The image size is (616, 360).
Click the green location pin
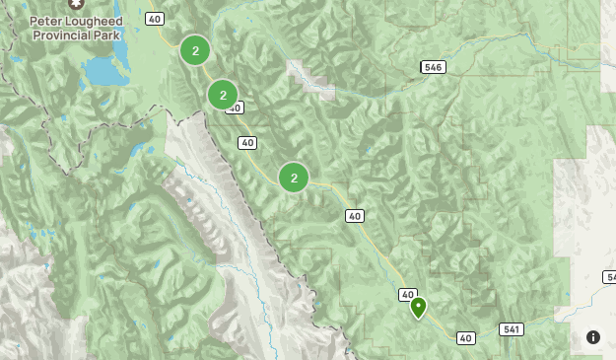click(419, 307)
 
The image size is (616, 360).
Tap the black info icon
click(592, 336)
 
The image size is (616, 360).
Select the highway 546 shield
click(433, 67)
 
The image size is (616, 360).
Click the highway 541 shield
click(511, 329)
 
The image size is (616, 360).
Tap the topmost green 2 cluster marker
click(195, 50)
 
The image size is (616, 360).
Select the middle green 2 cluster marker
click(224, 95)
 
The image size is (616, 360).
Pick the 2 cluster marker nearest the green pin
click(294, 178)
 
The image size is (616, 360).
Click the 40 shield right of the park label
click(155, 19)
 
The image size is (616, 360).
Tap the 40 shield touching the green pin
click(408, 294)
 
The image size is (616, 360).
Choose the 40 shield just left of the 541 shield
click(466, 338)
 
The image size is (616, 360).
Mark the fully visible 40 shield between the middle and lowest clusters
click(247, 143)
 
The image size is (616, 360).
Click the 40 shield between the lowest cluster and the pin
click(355, 216)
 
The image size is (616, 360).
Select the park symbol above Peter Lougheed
click(70, 4)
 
